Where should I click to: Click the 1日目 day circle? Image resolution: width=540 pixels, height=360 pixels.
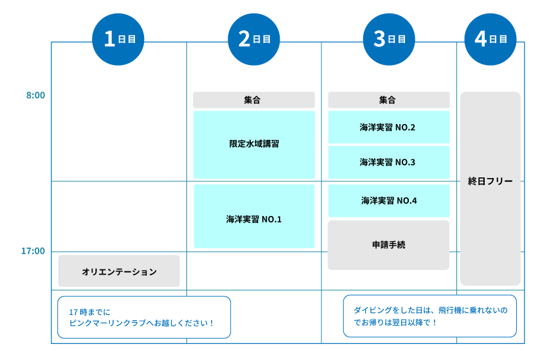[x=119, y=39]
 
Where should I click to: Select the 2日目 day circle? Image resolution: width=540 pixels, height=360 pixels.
[x=254, y=39]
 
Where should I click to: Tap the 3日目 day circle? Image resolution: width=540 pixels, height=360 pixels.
[x=389, y=39]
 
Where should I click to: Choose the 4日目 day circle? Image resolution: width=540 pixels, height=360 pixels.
[x=491, y=39]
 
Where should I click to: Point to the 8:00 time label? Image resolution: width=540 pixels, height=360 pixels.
[x=35, y=96]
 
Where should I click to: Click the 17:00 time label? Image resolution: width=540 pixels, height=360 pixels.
[x=33, y=251]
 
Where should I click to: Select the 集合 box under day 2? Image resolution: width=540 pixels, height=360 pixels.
[x=254, y=100]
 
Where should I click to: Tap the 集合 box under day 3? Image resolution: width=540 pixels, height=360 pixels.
[x=389, y=100]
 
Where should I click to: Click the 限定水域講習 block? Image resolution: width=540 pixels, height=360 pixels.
[x=254, y=145]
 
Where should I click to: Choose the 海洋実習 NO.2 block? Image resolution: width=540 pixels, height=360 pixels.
[x=389, y=127]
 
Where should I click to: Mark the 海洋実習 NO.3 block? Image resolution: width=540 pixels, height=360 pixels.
[x=389, y=163]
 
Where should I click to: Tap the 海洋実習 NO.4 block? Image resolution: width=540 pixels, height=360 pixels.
[x=389, y=201]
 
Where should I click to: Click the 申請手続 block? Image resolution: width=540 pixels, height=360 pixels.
[x=389, y=245]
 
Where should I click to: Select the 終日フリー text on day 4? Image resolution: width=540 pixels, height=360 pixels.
[x=491, y=182]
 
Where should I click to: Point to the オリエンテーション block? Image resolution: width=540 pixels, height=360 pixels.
[x=119, y=271]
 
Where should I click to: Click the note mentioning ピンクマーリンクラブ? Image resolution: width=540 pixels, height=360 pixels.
[x=144, y=317]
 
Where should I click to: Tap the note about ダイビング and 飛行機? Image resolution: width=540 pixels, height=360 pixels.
[x=429, y=316]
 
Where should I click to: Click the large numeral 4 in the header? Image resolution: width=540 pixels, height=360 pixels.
[x=481, y=39]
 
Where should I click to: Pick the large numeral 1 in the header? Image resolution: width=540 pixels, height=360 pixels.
[x=109, y=39]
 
